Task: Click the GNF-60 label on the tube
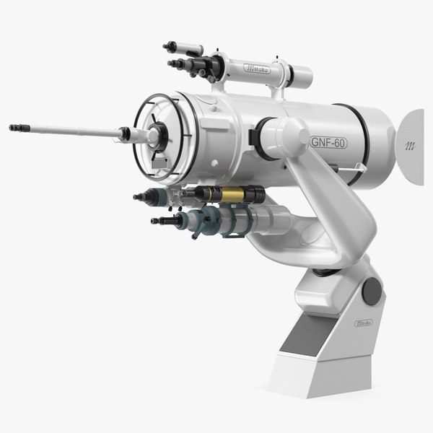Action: coord(329,142)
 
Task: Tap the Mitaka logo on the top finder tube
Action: coord(258,70)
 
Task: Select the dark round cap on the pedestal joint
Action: coord(372,291)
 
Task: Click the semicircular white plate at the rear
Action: coord(409,146)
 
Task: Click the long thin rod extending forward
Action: coord(72,131)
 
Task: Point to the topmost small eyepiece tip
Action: coord(167,47)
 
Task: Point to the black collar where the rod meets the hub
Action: coord(126,134)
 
